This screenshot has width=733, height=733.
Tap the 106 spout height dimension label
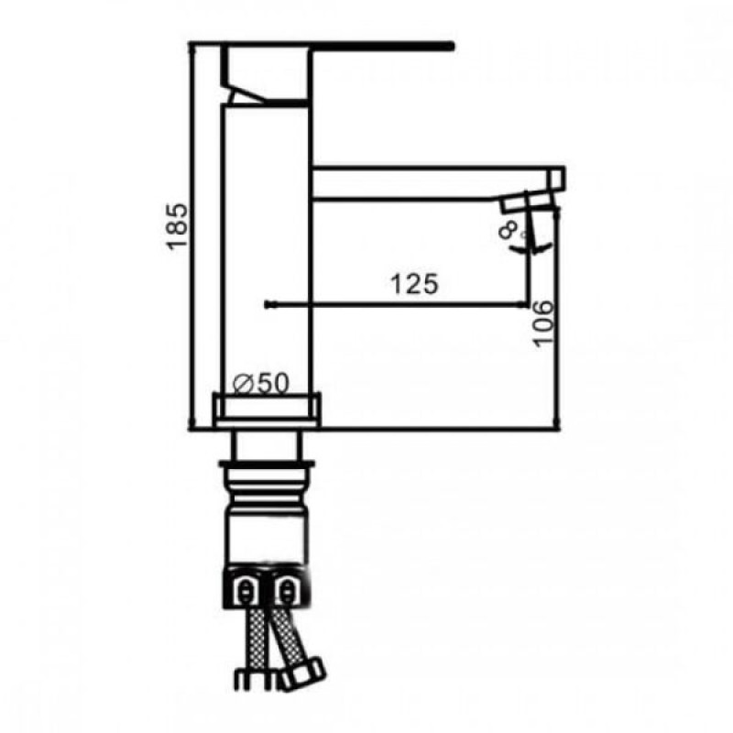pyautogui.click(x=542, y=323)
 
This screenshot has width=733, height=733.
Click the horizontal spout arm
pyautogui.click(x=431, y=181)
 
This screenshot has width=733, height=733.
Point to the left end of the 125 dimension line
pyautogui.click(x=266, y=303)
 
